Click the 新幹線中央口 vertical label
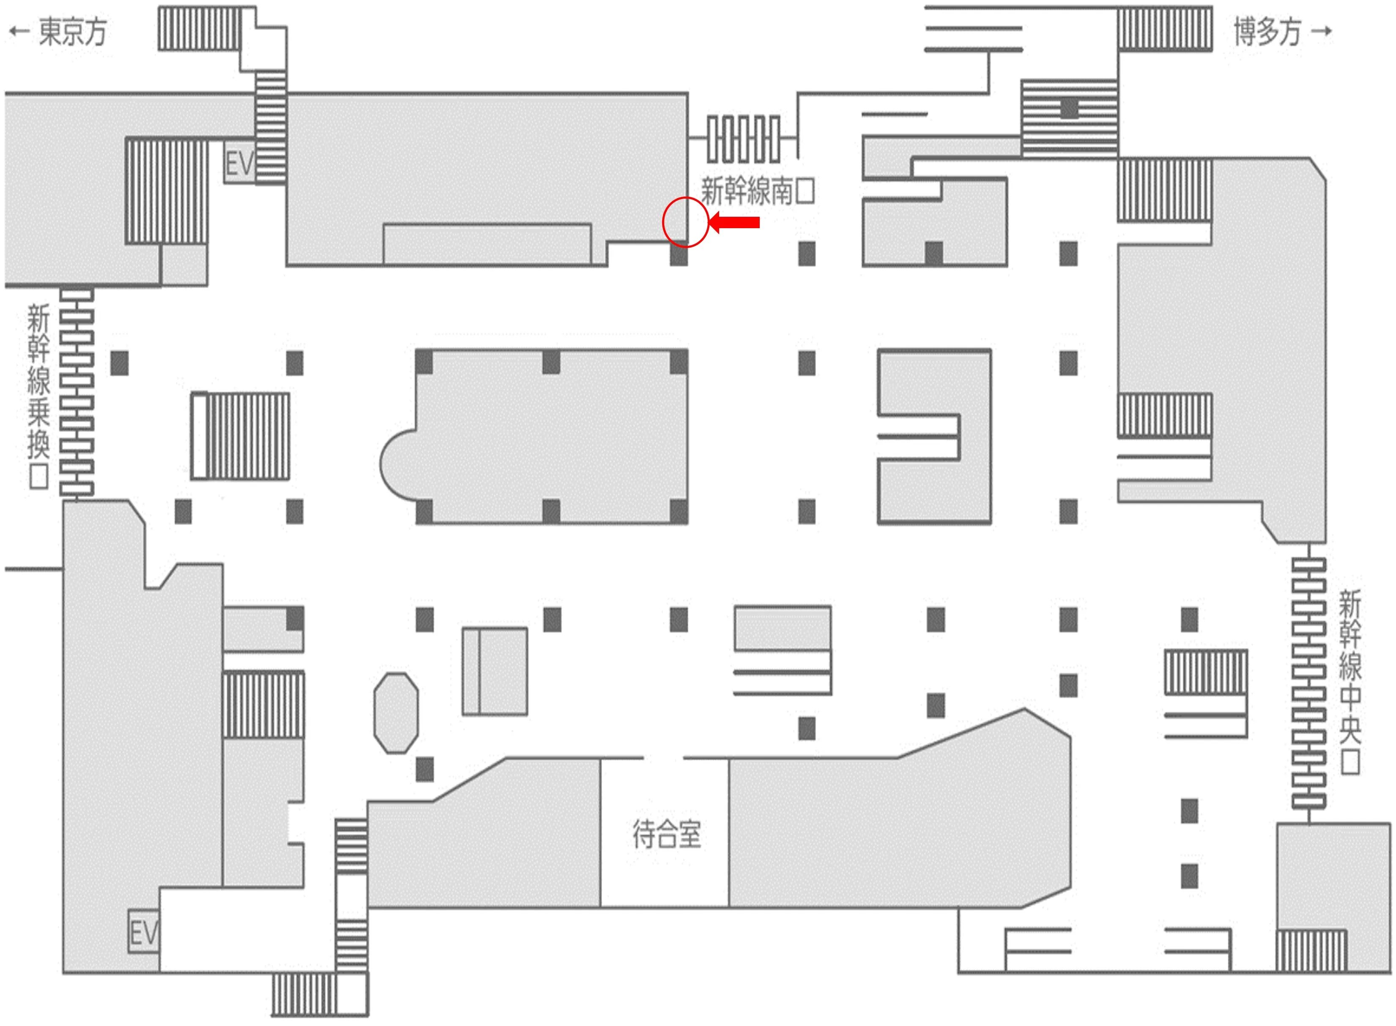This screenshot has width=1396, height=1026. pos(1349,681)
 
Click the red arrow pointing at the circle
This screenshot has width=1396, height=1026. pos(734,222)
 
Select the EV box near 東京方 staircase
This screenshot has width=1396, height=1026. pos(240,164)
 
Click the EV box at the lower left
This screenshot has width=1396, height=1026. pos(143,932)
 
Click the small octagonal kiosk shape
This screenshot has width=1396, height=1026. pos(396,712)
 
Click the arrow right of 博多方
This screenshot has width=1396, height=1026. pos(1321,31)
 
